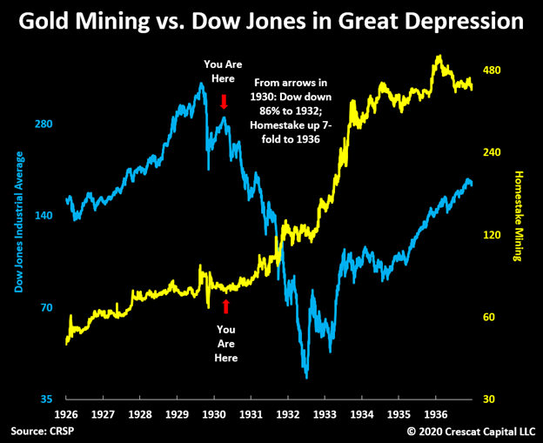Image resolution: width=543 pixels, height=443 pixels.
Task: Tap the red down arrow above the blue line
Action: (224, 102)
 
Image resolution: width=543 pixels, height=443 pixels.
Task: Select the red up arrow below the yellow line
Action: (226, 305)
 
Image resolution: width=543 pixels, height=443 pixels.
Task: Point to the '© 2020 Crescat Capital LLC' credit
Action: (470, 432)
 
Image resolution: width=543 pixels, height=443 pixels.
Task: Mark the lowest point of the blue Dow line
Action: (306, 376)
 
